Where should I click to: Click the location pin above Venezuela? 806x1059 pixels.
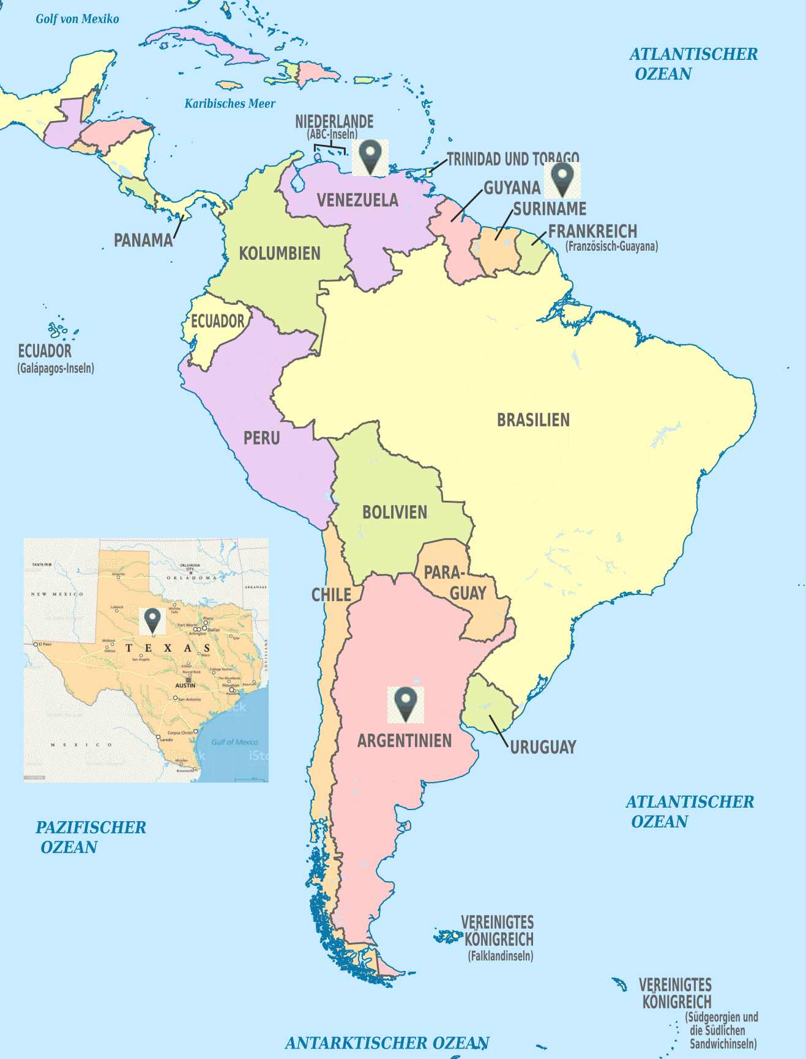click(x=370, y=157)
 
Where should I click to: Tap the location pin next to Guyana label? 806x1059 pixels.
click(x=562, y=179)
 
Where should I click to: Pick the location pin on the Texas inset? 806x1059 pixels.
click(x=152, y=620)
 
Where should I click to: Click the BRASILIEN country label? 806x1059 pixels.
click(x=533, y=420)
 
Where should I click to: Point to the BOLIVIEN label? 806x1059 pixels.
click(x=395, y=512)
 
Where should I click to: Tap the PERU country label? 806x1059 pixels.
click(x=261, y=438)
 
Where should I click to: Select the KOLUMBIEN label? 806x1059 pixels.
click(x=280, y=253)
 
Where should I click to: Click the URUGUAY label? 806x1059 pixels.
click(x=543, y=747)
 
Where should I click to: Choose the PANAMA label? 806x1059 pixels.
click(x=143, y=240)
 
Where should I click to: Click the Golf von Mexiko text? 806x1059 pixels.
click(x=77, y=19)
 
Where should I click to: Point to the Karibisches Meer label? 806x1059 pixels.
click(x=230, y=103)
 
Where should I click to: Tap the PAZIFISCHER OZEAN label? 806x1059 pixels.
click(x=91, y=837)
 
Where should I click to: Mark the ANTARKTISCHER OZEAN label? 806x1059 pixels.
click(x=387, y=1042)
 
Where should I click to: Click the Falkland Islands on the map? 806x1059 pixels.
click(x=448, y=936)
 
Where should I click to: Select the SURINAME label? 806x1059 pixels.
click(x=550, y=209)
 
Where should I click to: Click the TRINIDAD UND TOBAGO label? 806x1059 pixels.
click(x=513, y=159)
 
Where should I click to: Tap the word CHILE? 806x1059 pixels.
click(x=331, y=594)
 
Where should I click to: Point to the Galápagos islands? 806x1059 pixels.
click(x=59, y=331)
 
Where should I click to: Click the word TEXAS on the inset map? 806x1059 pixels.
click(x=168, y=648)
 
